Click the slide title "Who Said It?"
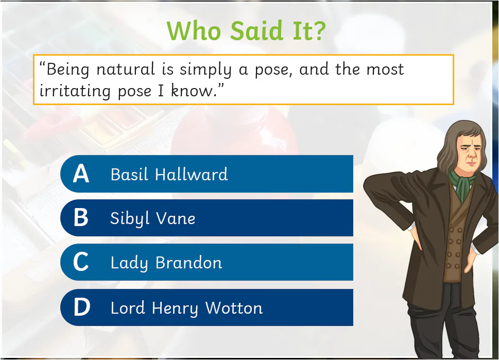pyautogui.click(x=246, y=31)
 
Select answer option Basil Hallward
pyautogui.click(x=169, y=174)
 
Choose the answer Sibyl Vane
pyautogui.click(x=153, y=218)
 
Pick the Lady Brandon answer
pyautogui.click(x=166, y=263)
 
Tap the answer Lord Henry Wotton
pyautogui.click(x=186, y=308)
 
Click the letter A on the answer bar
pyautogui.click(x=81, y=174)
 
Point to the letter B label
pyautogui.click(x=81, y=218)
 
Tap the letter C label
pyautogui.click(x=81, y=263)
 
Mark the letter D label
pyautogui.click(x=81, y=308)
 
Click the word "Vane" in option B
pyautogui.click(x=176, y=218)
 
